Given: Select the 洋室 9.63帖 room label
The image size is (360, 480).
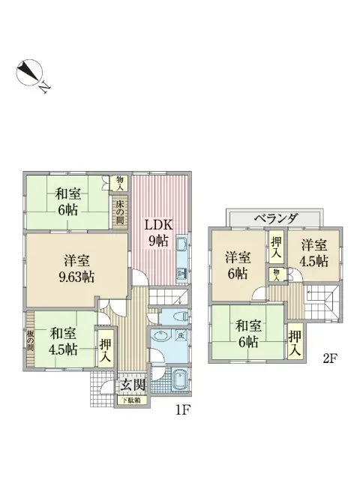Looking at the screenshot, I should coord(77,268).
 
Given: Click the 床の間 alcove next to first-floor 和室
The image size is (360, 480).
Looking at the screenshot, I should coord(119,209).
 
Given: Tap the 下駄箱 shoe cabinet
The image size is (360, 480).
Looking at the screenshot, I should coord(132,401).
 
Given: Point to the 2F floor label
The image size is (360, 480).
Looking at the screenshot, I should coord(329,358).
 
